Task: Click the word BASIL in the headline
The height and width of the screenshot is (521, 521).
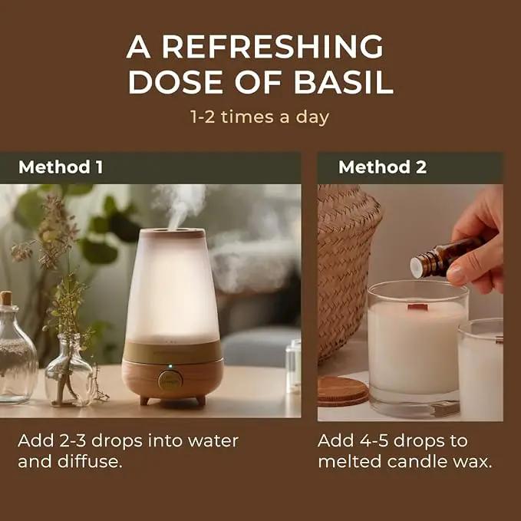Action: pos(344,82)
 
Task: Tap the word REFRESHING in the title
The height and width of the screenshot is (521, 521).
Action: pos(272,47)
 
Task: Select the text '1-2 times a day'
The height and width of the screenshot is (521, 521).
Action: pos(260,117)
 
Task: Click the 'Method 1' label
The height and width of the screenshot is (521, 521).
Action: pos(61,167)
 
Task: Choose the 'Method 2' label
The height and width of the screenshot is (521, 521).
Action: pos(382,167)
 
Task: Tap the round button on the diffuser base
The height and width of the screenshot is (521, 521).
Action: pos(170,380)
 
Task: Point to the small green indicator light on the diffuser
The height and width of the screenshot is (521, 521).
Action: pos(170,366)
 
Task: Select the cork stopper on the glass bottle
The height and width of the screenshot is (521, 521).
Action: pos(6,298)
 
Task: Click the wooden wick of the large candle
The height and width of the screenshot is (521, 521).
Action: pos(417,307)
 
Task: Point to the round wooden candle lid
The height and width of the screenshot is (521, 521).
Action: pos(343,391)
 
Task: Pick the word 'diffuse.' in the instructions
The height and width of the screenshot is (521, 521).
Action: pos(90,461)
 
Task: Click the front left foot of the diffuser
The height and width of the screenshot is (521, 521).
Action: pos(144,401)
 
